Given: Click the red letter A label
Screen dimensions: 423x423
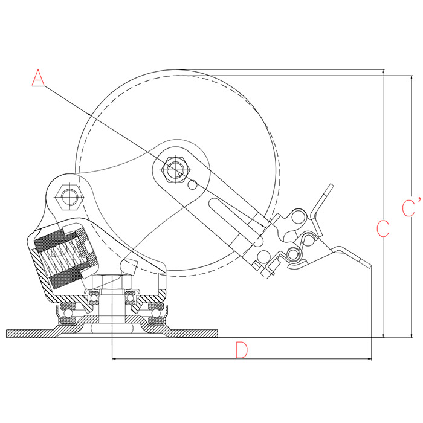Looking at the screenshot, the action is tap(38, 78).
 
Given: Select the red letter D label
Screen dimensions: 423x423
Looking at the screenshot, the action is tap(241, 350).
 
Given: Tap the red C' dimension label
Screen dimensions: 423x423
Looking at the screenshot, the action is tap(411, 207).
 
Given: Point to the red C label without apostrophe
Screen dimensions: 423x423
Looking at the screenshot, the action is tap(383, 228).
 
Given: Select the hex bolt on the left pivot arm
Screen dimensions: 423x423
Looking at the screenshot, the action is tap(69, 198).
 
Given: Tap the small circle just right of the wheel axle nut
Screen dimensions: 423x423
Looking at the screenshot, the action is tap(193, 185).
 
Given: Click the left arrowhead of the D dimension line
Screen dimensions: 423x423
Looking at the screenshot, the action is tap(114, 359).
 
